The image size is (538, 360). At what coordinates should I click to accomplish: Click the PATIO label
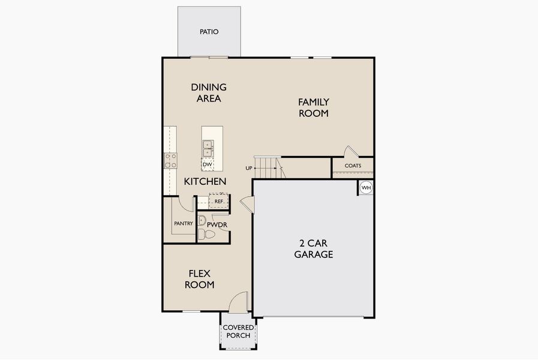[209, 31]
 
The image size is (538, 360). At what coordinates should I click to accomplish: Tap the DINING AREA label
[209, 92]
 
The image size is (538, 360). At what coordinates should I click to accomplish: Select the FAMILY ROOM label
[314, 107]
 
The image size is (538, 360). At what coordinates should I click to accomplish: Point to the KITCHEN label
[205, 181]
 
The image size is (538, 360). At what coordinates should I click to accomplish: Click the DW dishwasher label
[208, 164]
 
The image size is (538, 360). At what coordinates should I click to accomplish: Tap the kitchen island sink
[208, 148]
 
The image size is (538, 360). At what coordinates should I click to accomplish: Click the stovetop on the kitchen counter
[171, 160]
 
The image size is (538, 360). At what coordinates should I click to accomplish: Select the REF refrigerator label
[219, 202]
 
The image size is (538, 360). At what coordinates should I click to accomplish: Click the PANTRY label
[184, 224]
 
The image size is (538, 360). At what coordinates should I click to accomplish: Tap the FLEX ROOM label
[199, 279]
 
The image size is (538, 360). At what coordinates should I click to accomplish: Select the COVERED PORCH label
[238, 331]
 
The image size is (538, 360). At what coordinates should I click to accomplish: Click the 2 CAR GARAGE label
[313, 248]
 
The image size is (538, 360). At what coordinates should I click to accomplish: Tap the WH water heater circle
[366, 188]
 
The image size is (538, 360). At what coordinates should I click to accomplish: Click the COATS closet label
[353, 166]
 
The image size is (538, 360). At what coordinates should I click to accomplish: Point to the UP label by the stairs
[249, 168]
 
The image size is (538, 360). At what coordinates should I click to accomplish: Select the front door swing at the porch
[240, 301]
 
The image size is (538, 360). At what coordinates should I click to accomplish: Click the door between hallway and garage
[248, 205]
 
